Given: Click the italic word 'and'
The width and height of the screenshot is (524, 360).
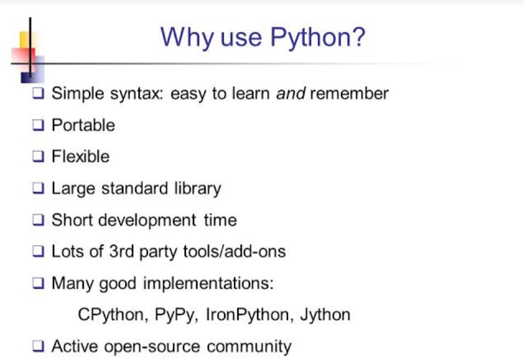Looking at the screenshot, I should (x=291, y=93).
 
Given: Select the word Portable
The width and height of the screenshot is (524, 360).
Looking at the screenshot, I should (x=83, y=125).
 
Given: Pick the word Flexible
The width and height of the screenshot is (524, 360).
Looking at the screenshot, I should (x=81, y=157).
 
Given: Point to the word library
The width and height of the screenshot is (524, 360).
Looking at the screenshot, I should (x=202, y=188).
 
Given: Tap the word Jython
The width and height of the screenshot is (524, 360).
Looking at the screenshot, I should (x=325, y=315).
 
